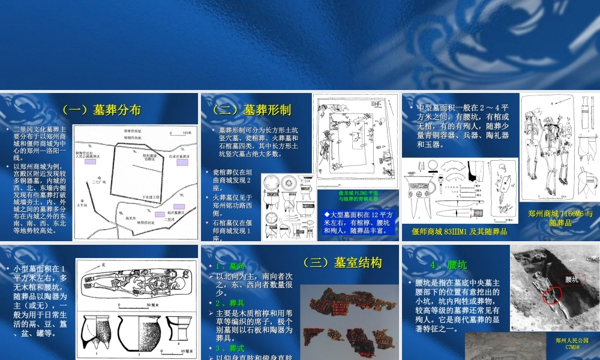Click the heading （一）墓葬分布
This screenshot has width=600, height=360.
pos(101,110)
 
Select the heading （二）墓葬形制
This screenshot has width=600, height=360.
pos(251,110)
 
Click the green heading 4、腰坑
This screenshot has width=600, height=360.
pos(448,265)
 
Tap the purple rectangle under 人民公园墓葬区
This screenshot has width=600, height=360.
pos(90,162)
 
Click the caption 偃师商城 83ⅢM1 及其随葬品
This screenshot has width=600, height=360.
pos(460,231)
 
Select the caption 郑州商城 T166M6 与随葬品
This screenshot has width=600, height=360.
pos(560,217)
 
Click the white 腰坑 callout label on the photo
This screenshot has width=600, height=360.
pos(572,279)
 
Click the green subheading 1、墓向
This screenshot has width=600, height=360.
pos(229,266)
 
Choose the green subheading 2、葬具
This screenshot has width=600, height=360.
pos(229,303)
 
